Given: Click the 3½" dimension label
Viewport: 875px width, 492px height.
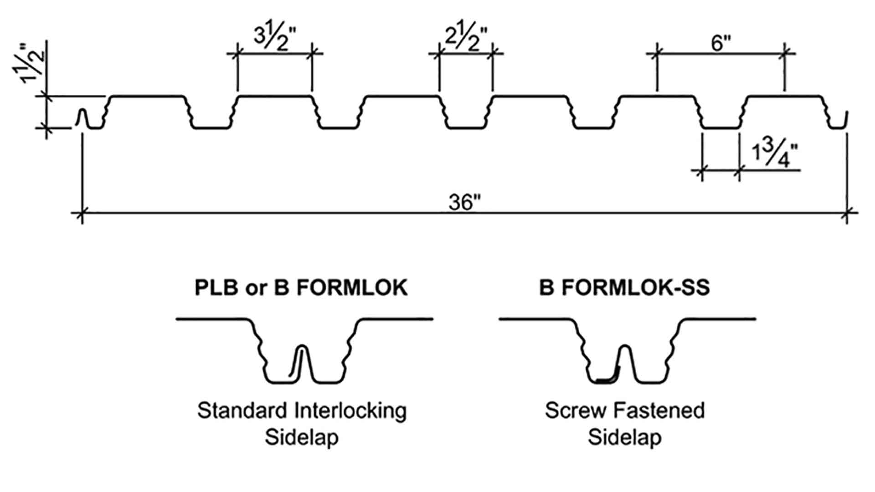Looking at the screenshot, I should pyautogui.click(x=275, y=37).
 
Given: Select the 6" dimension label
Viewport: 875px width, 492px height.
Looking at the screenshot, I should pyautogui.click(x=721, y=43).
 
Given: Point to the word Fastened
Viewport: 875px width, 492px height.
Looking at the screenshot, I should pyautogui.click(x=656, y=410).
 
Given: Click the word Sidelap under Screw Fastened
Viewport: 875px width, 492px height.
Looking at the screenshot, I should pyautogui.click(x=624, y=438).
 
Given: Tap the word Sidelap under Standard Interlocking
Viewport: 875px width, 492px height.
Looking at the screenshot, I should pyautogui.click(x=302, y=438).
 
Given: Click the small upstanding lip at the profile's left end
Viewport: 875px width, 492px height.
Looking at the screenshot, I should pyautogui.click(x=82, y=117).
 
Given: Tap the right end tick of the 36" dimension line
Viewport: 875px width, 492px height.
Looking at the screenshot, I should pyautogui.click(x=847, y=213).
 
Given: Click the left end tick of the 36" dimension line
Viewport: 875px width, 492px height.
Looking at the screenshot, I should pyautogui.click(x=82, y=213).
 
